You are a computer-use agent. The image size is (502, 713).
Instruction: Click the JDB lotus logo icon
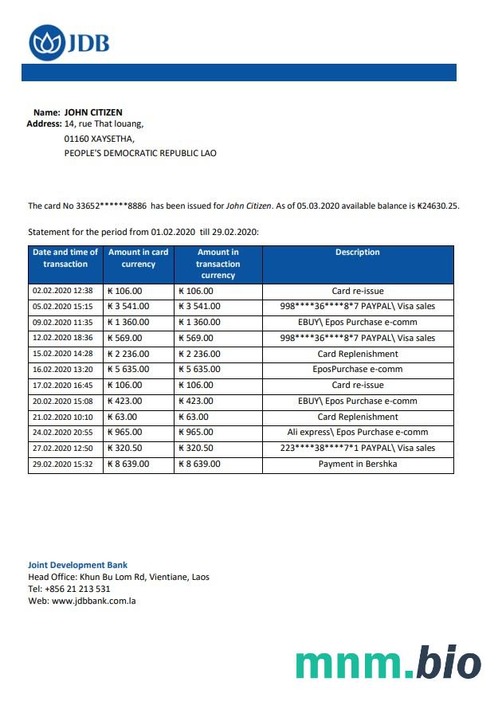pos(47,42)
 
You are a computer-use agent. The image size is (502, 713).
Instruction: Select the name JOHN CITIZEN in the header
pos(93,112)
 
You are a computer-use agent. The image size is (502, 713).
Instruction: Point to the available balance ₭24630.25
pos(438,206)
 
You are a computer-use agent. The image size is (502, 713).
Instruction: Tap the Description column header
pos(357,253)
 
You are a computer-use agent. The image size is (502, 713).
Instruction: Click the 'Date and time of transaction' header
pos(65,258)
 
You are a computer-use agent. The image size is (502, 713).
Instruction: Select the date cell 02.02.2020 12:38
pos(62,291)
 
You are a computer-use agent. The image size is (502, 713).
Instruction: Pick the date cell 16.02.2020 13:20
pos(62,370)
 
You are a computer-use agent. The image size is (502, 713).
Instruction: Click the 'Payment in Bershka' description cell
pos(357,464)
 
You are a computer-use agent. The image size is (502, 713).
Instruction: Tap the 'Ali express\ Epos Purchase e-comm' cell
pos(357,433)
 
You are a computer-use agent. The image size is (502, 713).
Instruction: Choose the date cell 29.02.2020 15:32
pos(62,464)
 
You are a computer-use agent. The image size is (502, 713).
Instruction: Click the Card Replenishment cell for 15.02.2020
pos(357,354)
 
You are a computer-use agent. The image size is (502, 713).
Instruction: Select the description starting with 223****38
pos(357,448)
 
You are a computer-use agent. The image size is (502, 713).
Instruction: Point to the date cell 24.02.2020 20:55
pos(62,433)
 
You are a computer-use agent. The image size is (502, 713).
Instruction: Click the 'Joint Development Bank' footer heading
pos(77,565)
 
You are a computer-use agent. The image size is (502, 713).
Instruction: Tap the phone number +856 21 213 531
pos(77,589)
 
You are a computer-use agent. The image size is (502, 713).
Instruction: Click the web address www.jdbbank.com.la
pos(93,601)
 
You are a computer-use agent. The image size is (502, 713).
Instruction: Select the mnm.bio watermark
pos(388,664)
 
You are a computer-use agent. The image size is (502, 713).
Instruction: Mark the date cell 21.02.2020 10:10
pos(62,417)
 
